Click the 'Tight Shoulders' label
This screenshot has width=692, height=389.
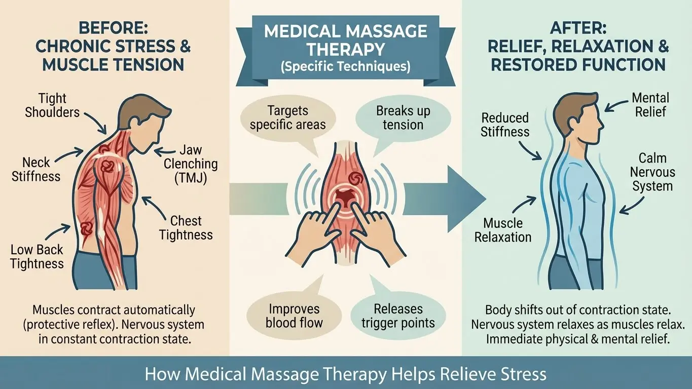point(53,105)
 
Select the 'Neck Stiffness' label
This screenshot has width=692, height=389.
point(41,169)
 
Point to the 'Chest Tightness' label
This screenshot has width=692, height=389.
point(186,227)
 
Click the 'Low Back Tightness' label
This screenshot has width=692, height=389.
point(37,256)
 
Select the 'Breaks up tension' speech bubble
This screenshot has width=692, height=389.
point(403,118)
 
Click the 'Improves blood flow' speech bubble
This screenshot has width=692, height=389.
point(295,315)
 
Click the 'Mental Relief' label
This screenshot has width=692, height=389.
point(651,104)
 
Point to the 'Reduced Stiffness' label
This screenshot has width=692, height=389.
point(505,125)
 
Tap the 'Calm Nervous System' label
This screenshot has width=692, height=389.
point(652,172)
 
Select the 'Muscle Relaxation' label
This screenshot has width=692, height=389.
point(503,230)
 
